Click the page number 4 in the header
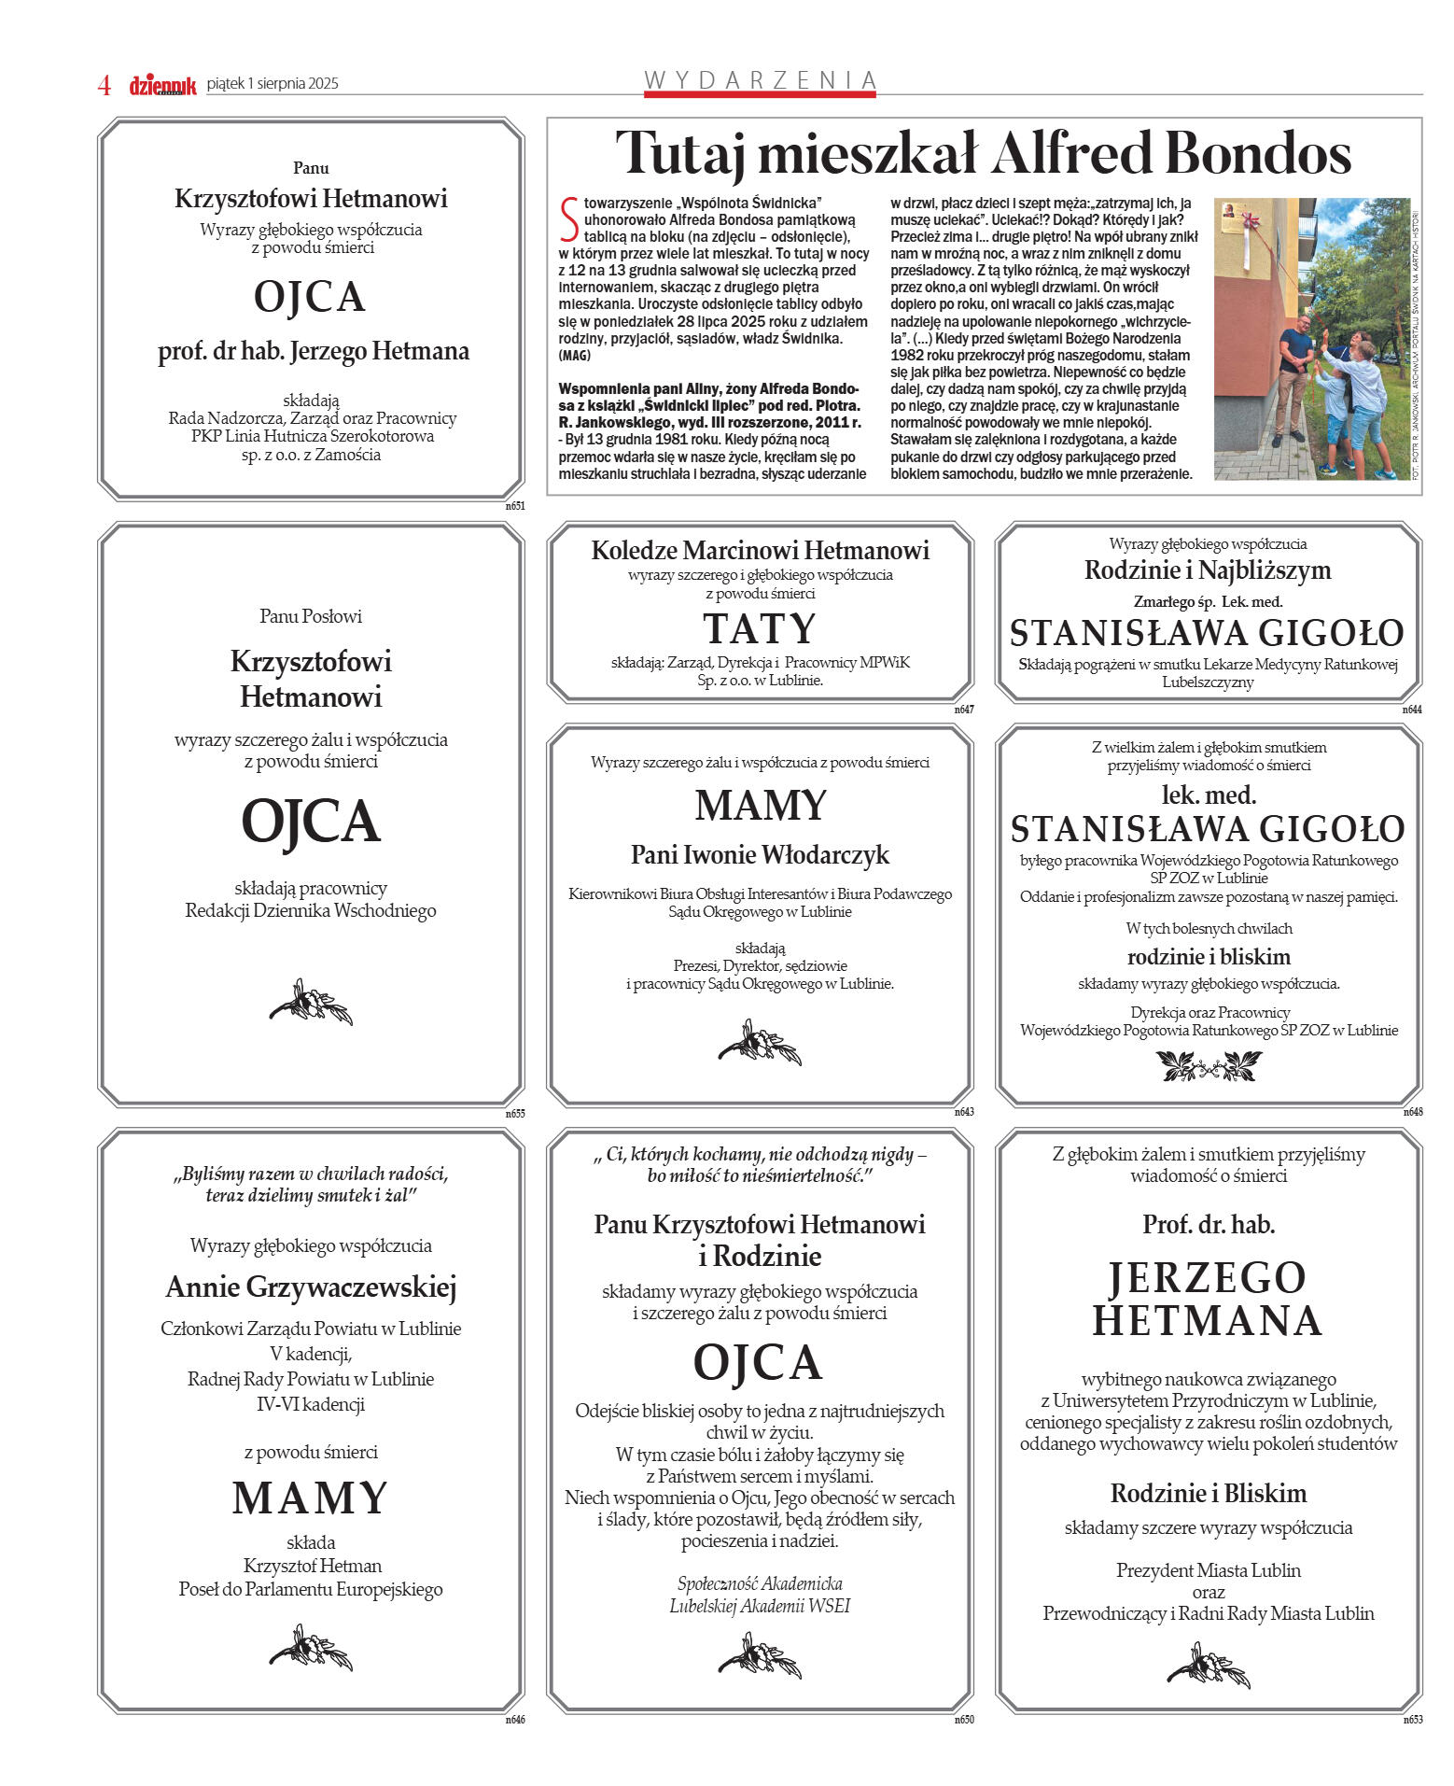point(105,85)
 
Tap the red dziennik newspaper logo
point(162,85)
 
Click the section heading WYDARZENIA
point(760,80)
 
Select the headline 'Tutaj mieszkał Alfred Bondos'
point(983,153)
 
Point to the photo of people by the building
point(1311,339)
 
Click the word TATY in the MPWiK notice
point(760,629)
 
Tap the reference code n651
point(515,506)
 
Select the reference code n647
point(963,710)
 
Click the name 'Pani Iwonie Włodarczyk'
point(760,854)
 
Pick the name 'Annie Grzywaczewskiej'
point(311,1287)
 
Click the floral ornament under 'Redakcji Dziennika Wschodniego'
point(311,1003)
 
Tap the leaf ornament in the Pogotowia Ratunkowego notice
point(1209,1065)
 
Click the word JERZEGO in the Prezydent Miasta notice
point(1208,1278)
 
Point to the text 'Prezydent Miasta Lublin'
point(1208,1570)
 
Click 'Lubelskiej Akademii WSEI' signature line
point(760,1606)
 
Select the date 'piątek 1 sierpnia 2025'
point(273,84)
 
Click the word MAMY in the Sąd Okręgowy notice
point(761,806)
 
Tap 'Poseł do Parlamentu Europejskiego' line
point(311,1589)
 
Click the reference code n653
point(1412,1720)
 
